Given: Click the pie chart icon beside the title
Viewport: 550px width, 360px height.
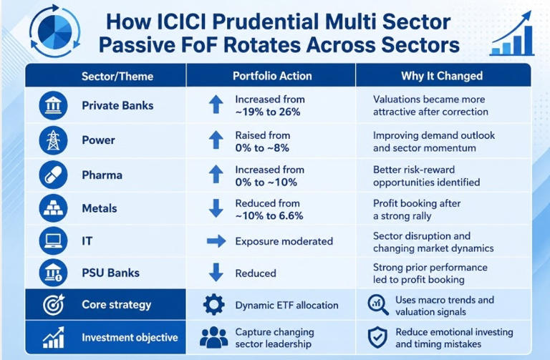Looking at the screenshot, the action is [x=54, y=31].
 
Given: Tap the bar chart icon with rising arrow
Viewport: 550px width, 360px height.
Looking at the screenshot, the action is [x=512, y=34].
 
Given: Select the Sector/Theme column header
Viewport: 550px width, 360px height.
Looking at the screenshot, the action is [x=117, y=77].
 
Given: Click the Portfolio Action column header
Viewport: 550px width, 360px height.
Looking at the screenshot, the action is [x=272, y=76].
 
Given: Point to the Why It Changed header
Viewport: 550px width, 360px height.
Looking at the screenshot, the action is [x=442, y=76].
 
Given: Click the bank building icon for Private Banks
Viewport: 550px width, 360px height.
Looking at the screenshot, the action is [x=53, y=105].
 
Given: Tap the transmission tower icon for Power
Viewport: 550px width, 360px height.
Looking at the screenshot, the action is [x=53, y=140].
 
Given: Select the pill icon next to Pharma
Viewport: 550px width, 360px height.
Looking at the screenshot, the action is [x=53, y=175].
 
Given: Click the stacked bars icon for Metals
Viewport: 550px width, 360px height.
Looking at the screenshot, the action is [x=53, y=208].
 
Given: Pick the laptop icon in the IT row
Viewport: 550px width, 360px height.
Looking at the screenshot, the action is [x=53, y=240].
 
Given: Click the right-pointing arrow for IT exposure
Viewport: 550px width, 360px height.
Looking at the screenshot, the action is [x=216, y=241].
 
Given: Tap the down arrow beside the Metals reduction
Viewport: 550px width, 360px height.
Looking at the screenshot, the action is [x=216, y=208].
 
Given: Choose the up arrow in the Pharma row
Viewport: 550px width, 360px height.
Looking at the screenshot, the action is [x=216, y=174].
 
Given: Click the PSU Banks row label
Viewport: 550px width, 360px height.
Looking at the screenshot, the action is [x=110, y=273].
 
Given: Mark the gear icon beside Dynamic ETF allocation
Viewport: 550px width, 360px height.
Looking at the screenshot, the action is [x=213, y=305].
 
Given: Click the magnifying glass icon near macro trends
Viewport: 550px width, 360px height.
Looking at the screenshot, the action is [x=378, y=304].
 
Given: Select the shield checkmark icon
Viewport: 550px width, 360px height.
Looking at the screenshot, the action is [x=377, y=337].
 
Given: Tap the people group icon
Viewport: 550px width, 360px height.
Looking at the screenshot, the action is [x=213, y=337].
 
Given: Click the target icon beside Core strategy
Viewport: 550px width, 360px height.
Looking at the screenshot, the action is [x=54, y=304].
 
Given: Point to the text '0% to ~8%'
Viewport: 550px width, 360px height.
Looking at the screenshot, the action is [x=262, y=148].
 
